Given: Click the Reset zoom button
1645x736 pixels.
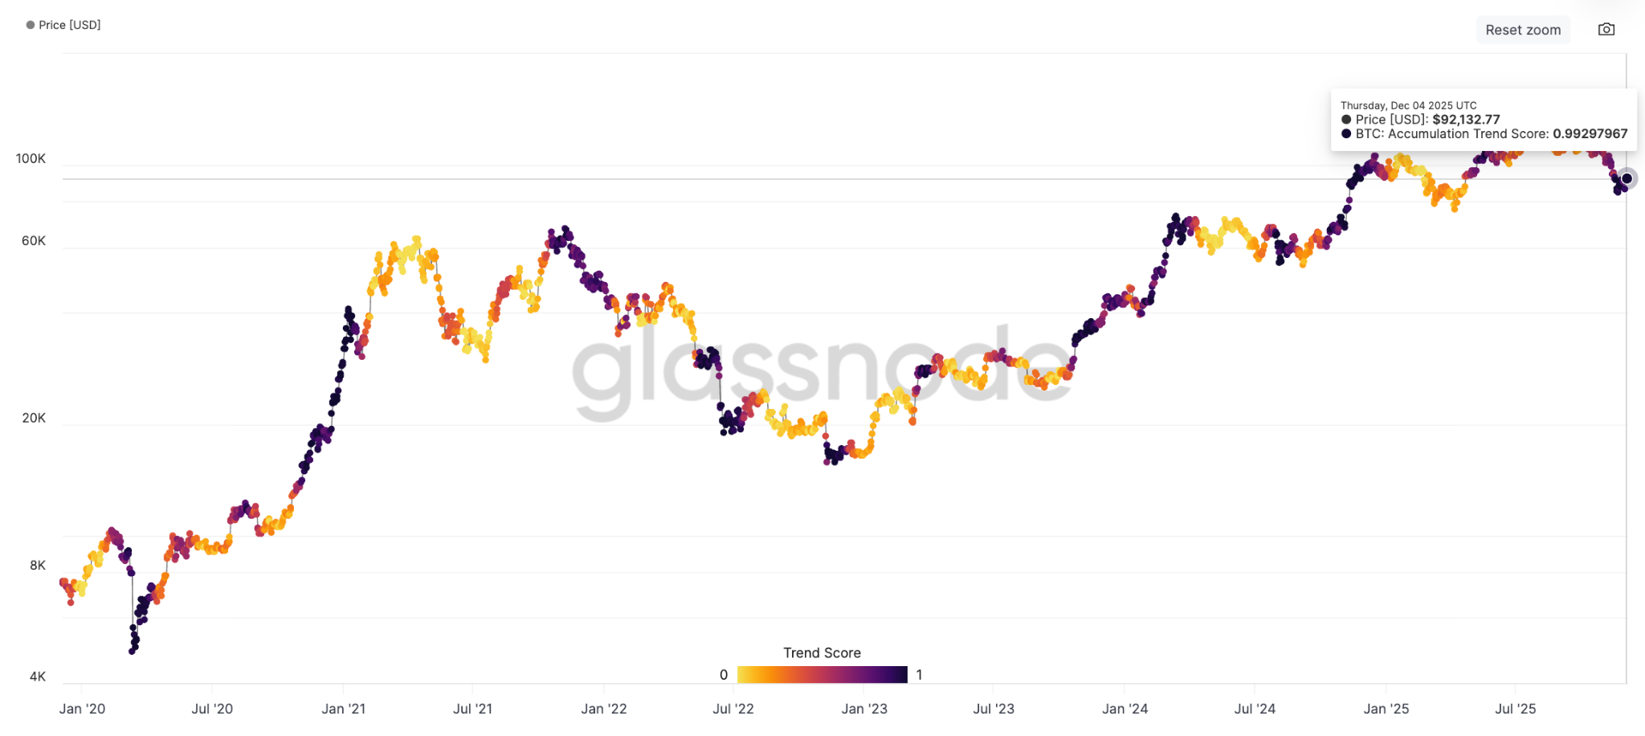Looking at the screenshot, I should tap(1523, 30).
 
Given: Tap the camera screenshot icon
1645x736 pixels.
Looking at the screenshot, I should tap(1606, 30).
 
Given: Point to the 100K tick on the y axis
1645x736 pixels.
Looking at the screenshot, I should tap(31, 159).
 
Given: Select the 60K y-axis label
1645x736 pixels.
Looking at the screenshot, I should tap(33, 241).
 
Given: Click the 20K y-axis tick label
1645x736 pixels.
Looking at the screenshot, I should tap(33, 419).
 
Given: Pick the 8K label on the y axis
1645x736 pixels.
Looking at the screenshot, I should tap(37, 566).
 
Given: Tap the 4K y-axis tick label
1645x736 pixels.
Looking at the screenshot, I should tap(37, 677).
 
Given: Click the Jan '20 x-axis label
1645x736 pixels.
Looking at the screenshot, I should tap(82, 709).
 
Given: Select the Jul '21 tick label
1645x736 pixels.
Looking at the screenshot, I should tap(472, 709).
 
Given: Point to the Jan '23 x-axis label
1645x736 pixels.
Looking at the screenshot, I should tap(864, 709).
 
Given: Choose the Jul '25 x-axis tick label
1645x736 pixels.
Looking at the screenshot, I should tap(1515, 709).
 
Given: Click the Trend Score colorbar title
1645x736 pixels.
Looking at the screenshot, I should tap(822, 653).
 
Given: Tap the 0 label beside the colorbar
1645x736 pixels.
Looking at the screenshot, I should tap(724, 675).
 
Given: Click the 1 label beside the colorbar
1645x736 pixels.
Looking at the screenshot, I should tap(919, 675).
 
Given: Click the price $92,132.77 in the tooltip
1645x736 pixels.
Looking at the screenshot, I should tap(1466, 120).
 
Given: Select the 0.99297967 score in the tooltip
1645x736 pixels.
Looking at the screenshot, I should tap(1590, 134).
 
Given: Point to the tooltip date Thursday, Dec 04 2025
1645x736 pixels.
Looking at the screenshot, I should tap(1408, 105).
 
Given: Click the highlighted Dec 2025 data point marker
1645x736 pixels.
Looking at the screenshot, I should tap(1627, 178).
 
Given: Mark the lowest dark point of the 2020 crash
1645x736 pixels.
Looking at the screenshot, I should tap(133, 651).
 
